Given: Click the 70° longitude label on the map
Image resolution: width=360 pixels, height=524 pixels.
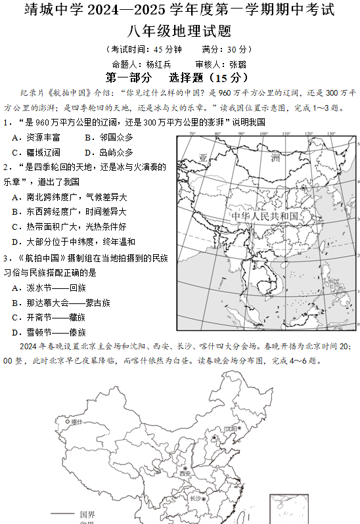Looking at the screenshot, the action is click(x=192, y=134).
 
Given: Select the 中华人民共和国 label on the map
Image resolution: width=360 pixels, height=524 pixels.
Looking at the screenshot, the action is click(x=265, y=216).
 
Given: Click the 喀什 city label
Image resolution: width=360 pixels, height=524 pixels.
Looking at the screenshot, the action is click(x=77, y=422).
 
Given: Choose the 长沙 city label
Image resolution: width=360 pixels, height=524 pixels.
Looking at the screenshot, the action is click(x=195, y=498).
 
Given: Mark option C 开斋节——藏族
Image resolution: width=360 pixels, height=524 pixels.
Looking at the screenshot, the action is click(x=52, y=317).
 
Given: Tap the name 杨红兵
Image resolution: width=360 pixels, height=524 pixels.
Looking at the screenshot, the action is click(x=158, y=64).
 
